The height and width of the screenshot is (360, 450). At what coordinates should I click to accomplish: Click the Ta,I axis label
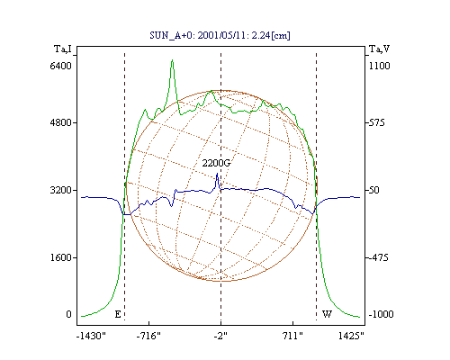(x=63, y=49)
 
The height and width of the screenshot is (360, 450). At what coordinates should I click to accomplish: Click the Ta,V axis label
(x=379, y=49)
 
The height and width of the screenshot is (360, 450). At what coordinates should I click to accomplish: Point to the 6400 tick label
(x=61, y=66)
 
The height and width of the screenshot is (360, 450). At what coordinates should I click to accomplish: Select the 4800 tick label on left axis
(x=61, y=122)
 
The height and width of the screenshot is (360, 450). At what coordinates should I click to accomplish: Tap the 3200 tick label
(x=61, y=190)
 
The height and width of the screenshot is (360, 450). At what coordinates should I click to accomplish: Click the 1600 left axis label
(x=61, y=257)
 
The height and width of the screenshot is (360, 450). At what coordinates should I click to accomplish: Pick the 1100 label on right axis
(x=379, y=66)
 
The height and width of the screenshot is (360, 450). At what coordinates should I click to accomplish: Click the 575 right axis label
(x=376, y=122)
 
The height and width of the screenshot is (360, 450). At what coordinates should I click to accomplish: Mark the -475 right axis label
(x=378, y=257)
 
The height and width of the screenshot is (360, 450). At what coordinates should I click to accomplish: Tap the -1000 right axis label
(x=381, y=314)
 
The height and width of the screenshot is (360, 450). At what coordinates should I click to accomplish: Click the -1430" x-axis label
(x=91, y=336)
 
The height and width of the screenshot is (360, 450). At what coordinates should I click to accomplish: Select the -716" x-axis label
(x=148, y=336)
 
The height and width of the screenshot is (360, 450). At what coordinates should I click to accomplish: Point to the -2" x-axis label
(x=220, y=336)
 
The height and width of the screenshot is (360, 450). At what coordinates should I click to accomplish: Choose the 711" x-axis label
(x=292, y=336)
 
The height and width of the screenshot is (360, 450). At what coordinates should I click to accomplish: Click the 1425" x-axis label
(x=351, y=336)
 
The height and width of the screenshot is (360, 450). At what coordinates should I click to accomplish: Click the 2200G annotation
(x=216, y=163)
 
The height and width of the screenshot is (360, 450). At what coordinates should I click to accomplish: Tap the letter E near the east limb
(x=118, y=314)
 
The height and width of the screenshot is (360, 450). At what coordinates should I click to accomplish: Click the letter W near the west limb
(x=327, y=314)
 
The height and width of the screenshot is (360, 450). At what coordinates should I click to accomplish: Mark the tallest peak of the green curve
(x=172, y=60)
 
